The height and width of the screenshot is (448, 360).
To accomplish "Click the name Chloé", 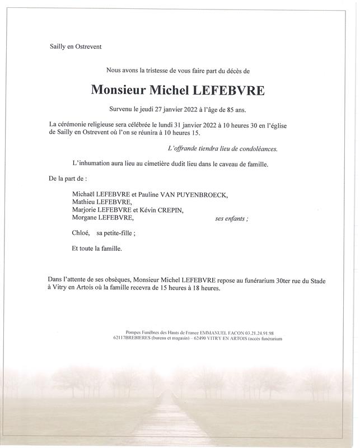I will [x=81, y=232].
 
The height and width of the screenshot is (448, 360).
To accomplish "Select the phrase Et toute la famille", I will [x=96, y=248].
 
